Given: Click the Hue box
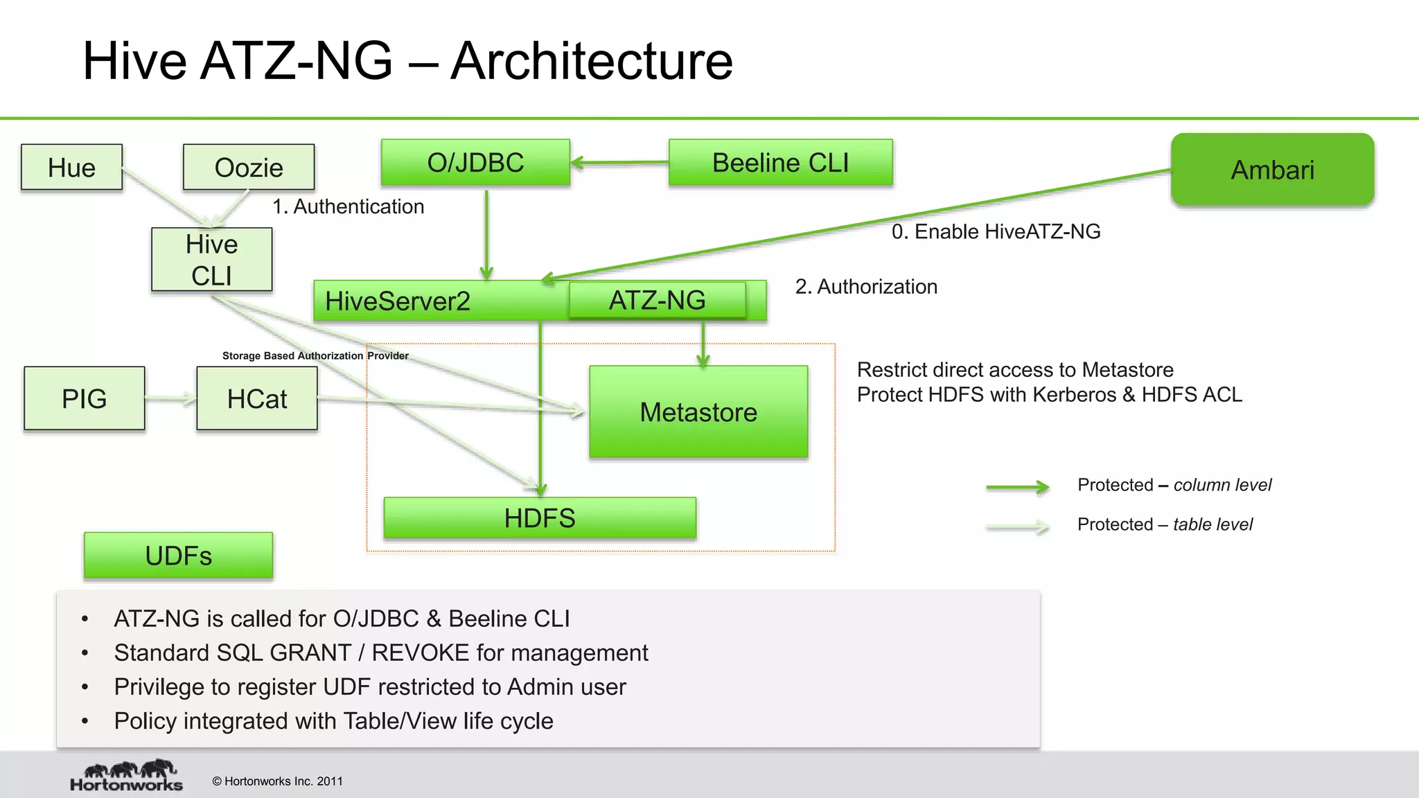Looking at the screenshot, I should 71,167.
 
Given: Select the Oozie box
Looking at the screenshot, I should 249,167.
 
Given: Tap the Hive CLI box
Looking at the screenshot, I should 212,259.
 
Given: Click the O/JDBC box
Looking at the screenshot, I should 475,163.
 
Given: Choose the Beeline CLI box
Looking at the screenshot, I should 780,163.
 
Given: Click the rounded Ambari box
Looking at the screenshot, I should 1272,170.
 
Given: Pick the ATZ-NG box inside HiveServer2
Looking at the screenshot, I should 657,300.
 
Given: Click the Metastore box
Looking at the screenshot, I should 698,411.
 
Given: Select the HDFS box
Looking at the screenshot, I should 540,517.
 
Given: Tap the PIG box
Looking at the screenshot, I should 85,398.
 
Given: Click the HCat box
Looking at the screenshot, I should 257,398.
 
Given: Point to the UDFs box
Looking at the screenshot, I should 178,556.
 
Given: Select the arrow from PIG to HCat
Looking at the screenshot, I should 170,398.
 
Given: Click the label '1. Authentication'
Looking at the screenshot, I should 348,206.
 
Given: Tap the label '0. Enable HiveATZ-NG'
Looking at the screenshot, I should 996,231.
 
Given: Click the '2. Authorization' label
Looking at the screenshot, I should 866,286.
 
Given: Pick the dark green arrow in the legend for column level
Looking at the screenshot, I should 1017,487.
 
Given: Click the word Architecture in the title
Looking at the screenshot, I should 592,61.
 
